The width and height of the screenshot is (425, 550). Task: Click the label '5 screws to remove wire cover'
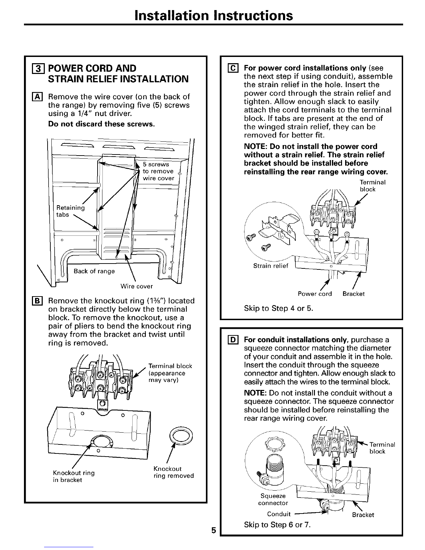[158, 171]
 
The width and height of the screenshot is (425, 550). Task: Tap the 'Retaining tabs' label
[70, 211]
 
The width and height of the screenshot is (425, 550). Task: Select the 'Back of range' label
[94, 271]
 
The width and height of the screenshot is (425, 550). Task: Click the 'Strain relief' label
[268, 266]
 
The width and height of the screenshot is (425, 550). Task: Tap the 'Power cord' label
[315, 294]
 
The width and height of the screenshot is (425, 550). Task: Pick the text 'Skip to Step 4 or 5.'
[278, 308]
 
